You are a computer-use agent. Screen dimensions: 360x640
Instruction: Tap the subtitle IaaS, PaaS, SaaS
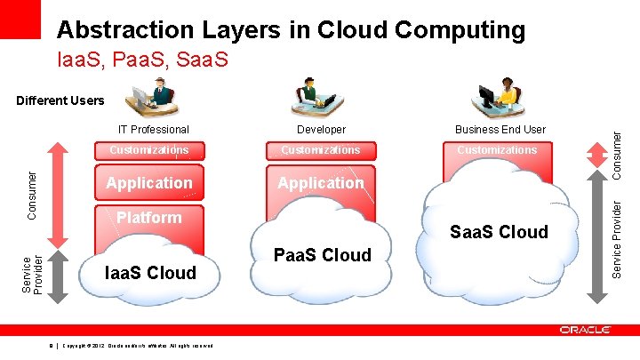(x=142, y=61)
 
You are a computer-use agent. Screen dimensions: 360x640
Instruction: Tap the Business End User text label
(x=500, y=130)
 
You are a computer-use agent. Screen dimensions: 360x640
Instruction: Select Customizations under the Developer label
(x=320, y=150)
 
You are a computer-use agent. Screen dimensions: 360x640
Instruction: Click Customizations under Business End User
(x=497, y=150)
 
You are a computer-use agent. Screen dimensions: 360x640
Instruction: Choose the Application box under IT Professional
(x=148, y=183)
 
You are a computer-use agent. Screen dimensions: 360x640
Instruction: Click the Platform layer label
(x=148, y=217)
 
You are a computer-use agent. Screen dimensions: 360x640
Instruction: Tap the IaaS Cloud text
(x=150, y=273)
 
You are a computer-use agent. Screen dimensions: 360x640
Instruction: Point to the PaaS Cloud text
(x=322, y=255)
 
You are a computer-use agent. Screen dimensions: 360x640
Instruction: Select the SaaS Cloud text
(x=499, y=232)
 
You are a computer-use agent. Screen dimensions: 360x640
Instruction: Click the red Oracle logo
(x=585, y=330)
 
